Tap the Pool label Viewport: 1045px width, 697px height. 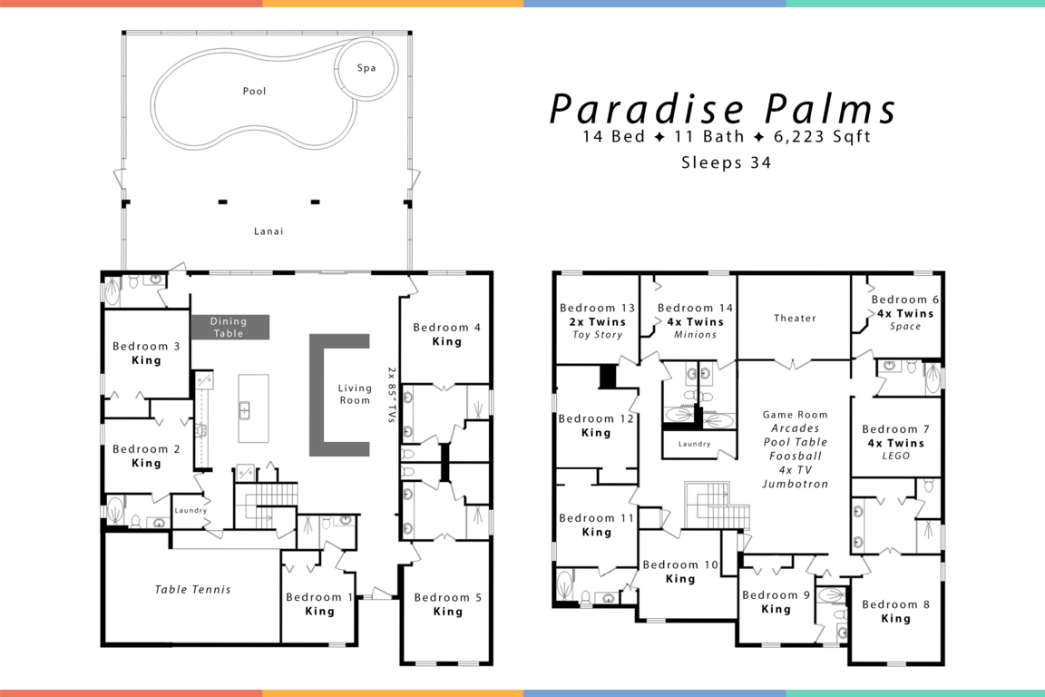pyautogui.click(x=255, y=91)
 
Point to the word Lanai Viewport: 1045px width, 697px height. pyautogui.click(x=269, y=231)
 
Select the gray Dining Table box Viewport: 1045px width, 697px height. pyautogui.click(x=230, y=327)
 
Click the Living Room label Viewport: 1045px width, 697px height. pyautogui.click(x=355, y=394)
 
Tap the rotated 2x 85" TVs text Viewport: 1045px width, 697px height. pyautogui.click(x=392, y=394)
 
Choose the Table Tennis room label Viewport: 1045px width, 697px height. pyautogui.click(x=192, y=590)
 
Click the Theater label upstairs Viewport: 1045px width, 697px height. pyautogui.click(x=795, y=319)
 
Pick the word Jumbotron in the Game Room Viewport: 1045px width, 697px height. pyautogui.click(x=795, y=485)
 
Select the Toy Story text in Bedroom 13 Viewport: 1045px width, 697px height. pyautogui.click(x=598, y=335)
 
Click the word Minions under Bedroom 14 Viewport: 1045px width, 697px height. pyautogui.click(x=695, y=335)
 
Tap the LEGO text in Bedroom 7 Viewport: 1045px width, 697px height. pyautogui.click(x=895, y=456)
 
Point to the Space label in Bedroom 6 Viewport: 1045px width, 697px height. pyautogui.click(x=905, y=326)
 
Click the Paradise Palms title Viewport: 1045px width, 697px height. pyautogui.click(x=723, y=109)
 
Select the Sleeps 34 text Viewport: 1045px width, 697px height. pyautogui.click(x=726, y=162)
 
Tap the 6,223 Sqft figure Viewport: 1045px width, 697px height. pyautogui.click(x=823, y=137)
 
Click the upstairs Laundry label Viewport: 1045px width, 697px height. pyautogui.click(x=695, y=444)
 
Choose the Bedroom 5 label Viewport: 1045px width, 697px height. pyautogui.click(x=448, y=597)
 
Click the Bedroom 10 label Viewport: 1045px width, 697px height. pyautogui.click(x=680, y=564)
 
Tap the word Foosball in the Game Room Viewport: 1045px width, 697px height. pyautogui.click(x=795, y=456)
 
